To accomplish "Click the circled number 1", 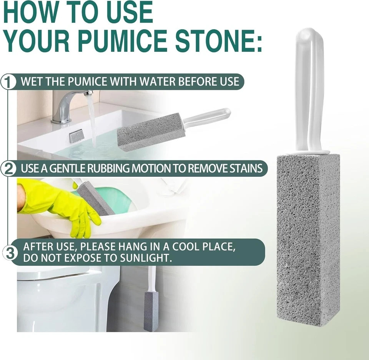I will click(x=8, y=82).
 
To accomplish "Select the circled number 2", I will click(x=8, y=168).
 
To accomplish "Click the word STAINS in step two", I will click(x=244, y=168).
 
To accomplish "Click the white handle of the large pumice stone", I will click(x=309, y=88).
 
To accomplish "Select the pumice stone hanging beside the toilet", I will click(x=151, y=309).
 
